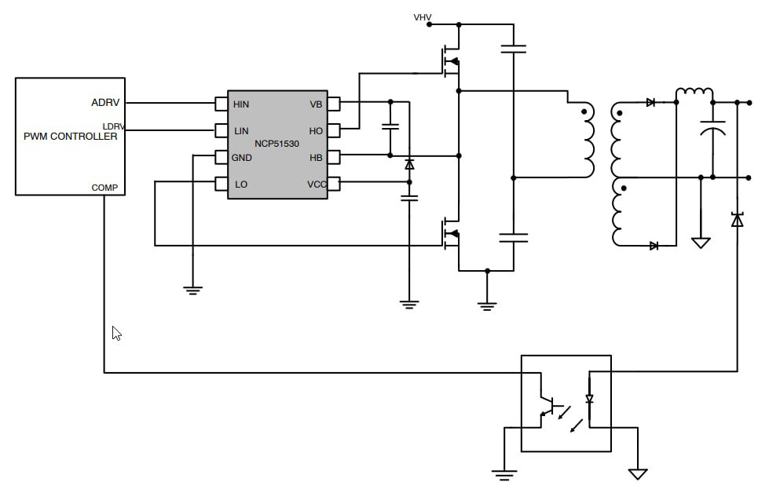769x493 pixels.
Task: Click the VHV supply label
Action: click(x=423, y=16)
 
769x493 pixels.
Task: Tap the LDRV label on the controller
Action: click(x=113, y=126)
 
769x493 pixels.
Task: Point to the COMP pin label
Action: click(x=104, y=188)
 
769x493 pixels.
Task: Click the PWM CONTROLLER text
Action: click(x=70, y=137)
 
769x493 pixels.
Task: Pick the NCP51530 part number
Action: click(x=276, y=144)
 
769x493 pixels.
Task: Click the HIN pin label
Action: click(x=241, y=104)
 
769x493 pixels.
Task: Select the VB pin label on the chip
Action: click(x=316, y=104)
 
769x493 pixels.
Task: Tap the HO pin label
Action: click(x=316, y=130)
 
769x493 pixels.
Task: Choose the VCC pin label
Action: click(x=316, y=184)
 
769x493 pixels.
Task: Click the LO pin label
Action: click(x=241, y=184)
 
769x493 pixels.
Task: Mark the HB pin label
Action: click(x=316, y=157)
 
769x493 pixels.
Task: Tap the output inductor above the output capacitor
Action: click(x=694, y=94)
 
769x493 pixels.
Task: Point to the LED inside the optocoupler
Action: click(x=589, y=399)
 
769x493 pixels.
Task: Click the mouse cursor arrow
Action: click(x=116, y=334)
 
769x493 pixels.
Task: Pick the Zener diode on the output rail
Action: click(x=737, y=221)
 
